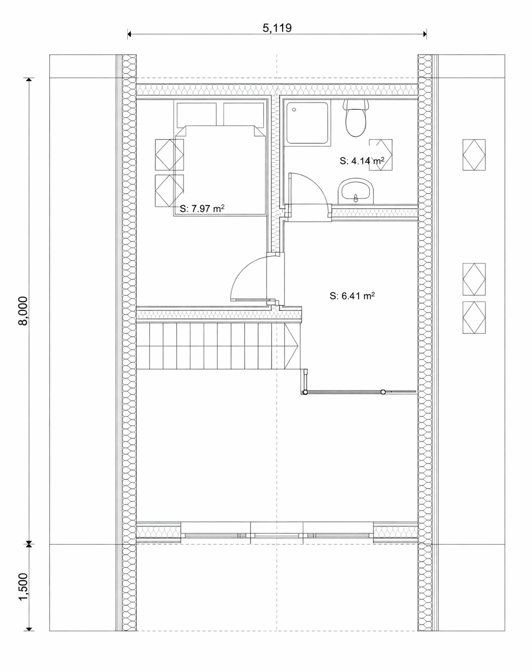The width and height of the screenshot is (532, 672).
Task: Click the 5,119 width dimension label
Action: coord(277,28)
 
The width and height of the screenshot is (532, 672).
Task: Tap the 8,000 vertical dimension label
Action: coord(23,311)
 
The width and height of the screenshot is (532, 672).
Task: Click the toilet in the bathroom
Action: coord(356,119)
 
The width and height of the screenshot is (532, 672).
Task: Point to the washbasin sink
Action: coord(356,191)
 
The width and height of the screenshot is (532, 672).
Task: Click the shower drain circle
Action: coord(294,109)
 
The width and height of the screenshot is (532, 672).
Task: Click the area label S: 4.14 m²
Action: coord(362,161)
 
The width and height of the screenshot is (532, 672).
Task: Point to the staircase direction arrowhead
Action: coord(292,345)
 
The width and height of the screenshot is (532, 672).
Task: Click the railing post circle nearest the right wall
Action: coord(383,391)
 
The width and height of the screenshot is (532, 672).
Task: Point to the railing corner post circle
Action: coord(305,392)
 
